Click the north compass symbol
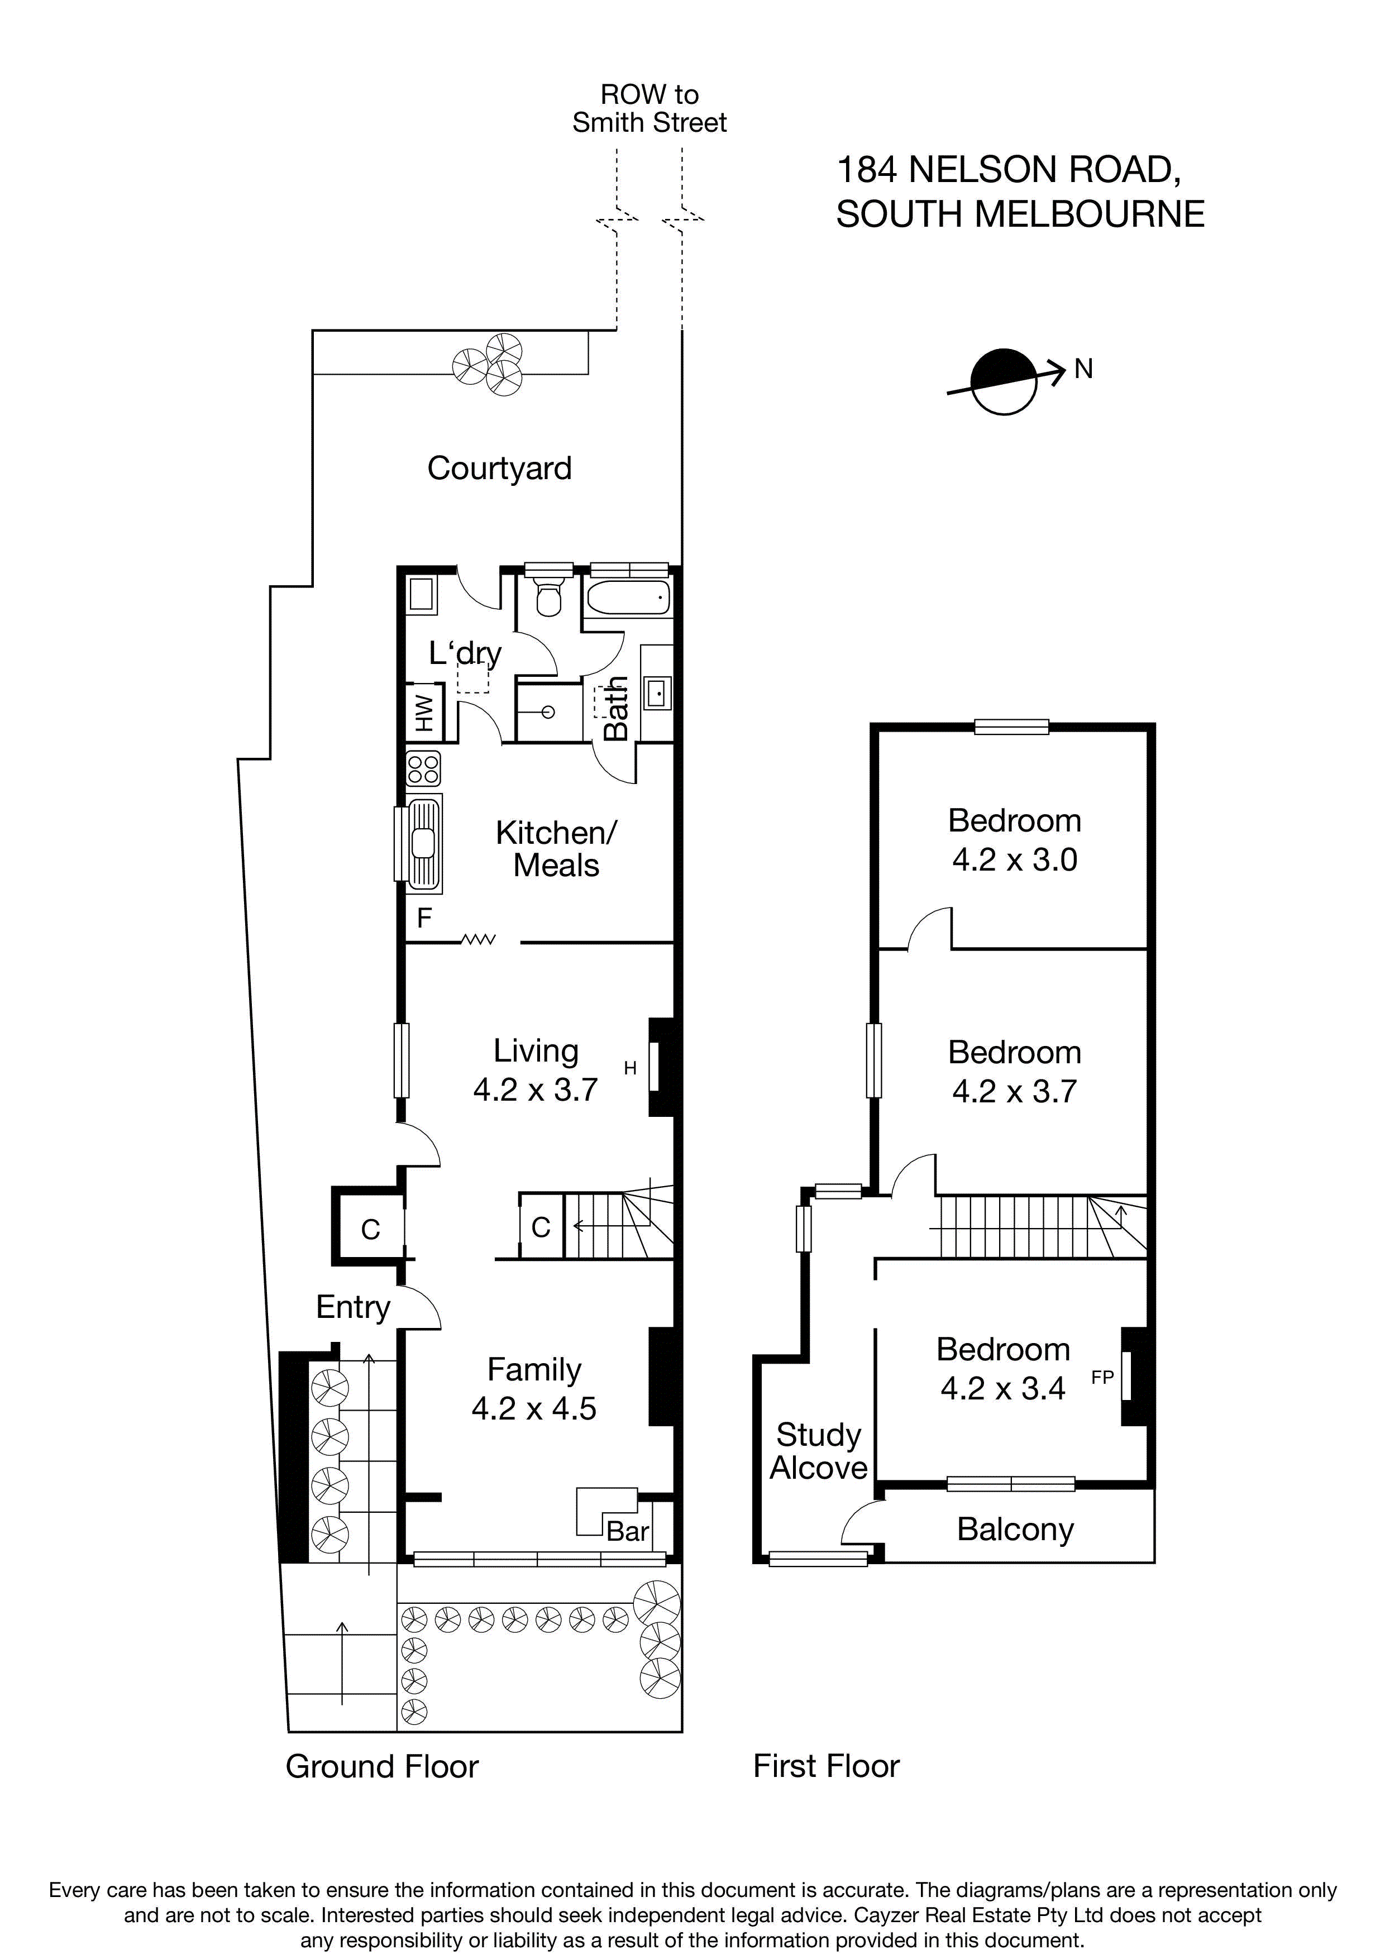1004,381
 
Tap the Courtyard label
499,469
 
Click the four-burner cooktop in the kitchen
423,767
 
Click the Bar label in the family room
627,1532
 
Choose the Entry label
352,1306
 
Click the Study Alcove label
818,1450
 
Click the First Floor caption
825,1766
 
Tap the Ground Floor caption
381,1766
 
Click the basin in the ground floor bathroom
657,694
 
